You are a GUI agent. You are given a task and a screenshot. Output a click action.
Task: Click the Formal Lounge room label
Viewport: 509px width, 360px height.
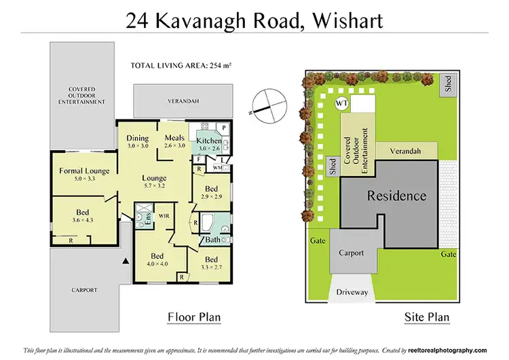point(83,170)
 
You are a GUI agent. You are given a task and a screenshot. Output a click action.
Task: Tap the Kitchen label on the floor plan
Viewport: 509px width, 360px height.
point(209,140)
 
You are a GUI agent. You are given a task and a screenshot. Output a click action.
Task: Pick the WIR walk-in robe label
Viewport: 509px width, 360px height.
point(164,216)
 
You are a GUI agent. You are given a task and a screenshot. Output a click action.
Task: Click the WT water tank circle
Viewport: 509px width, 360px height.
point(343,104)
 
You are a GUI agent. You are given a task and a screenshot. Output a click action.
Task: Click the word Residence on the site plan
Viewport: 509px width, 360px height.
point(397,196)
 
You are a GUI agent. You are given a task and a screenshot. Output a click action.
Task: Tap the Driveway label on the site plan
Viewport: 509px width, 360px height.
point(352,293)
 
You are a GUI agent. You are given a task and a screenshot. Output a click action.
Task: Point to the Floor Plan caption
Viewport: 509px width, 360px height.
point(193,317)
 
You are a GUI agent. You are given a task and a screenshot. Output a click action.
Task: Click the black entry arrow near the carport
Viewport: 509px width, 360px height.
point(125,261)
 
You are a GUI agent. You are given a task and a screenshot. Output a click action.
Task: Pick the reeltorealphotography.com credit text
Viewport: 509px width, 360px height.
point(453,350)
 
